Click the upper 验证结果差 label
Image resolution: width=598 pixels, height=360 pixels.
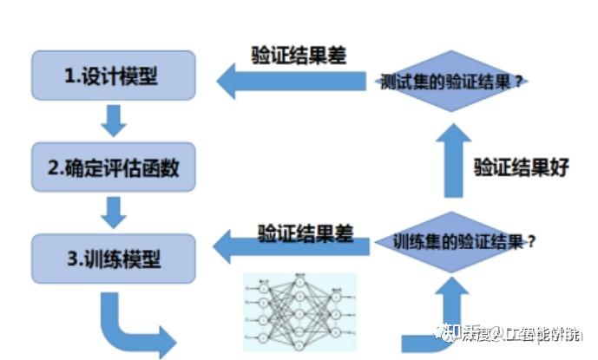[299, 55]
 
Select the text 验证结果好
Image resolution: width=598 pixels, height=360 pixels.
[521, 167]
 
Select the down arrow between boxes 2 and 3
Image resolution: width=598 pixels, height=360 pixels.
[113, 211]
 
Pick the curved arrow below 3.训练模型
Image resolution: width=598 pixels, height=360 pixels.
[130, 325]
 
